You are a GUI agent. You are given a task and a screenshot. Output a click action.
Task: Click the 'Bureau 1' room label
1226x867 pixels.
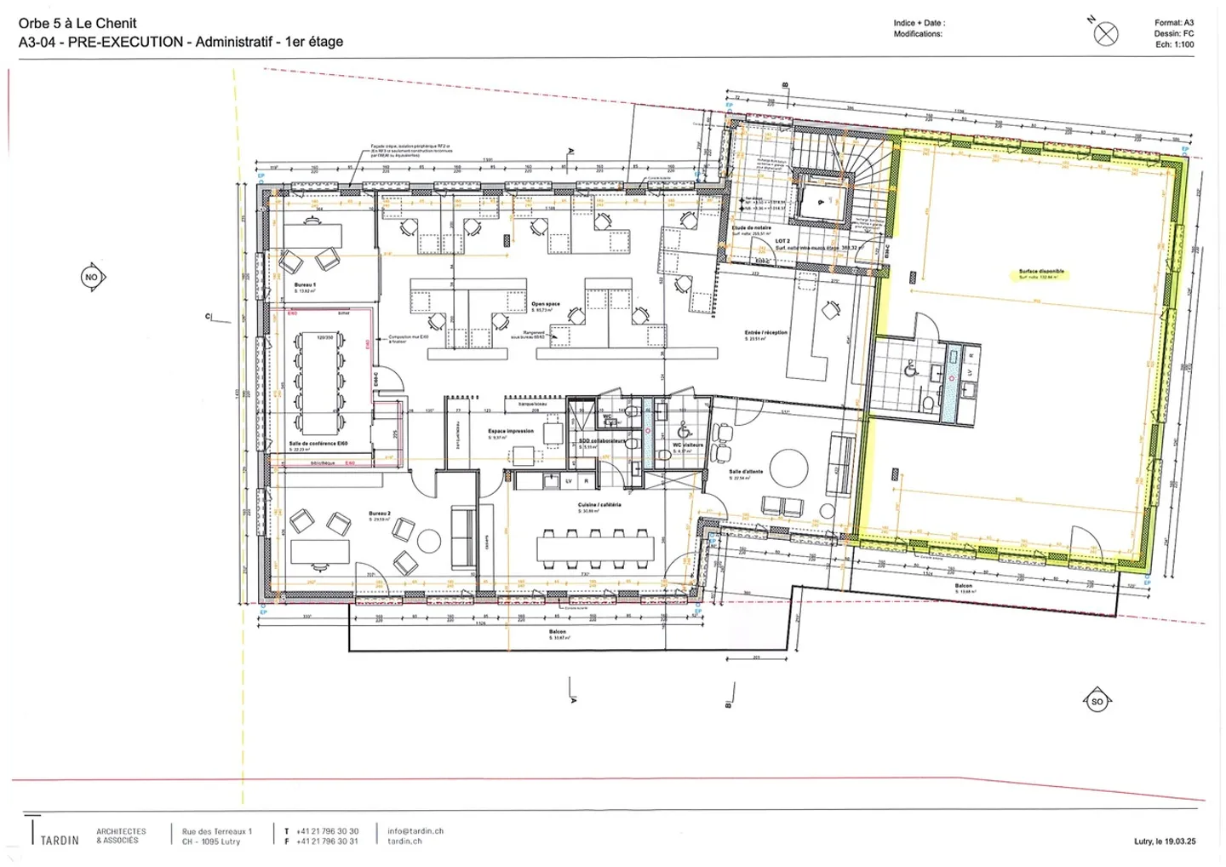tap(305, 285)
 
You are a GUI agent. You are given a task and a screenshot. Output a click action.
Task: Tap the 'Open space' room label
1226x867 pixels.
tap(546, 304)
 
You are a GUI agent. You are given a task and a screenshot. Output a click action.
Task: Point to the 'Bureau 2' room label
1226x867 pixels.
tap(380, 514)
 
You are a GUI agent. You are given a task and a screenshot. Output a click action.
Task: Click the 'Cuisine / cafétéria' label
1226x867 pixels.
tap(599, 505)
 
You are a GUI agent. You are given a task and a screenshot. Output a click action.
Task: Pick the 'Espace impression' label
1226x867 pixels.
tap(511, 431)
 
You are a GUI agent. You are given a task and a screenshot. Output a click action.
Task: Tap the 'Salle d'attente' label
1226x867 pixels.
tap(746, 471)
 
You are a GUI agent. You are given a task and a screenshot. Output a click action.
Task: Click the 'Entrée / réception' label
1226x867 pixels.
tap(766, 333)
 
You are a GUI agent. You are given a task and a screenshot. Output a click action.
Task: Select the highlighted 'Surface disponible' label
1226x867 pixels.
tap(1041, 272)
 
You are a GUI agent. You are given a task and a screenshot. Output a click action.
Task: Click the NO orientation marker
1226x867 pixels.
tap(92, 277)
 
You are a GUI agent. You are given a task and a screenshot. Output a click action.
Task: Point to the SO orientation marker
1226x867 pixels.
tap(1097, 702)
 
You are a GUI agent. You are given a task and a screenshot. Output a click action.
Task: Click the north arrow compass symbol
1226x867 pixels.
tap(1105, 33)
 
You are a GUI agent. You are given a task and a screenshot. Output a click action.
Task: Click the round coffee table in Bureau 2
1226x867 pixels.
tap(428, 540)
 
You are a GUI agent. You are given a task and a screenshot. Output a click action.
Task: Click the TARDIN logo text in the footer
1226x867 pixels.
tap(60, 840)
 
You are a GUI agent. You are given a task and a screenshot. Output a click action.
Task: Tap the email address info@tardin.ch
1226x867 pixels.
tap(415, 831)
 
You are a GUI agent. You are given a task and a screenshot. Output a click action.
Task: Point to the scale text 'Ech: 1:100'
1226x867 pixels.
tap(1174, 44)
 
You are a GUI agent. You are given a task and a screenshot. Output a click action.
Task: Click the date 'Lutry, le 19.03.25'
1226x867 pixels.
tap(1165, 841)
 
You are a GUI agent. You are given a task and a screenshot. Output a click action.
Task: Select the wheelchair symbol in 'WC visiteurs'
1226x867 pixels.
tap(685, 432)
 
